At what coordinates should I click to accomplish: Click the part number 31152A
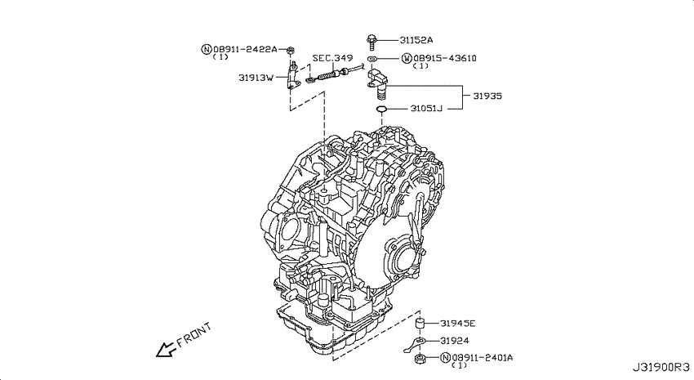416,40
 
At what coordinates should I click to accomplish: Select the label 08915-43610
444,58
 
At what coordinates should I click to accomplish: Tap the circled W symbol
407,58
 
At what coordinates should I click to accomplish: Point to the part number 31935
487,96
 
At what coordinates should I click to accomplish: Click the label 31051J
425,108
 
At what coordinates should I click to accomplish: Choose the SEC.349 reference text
332,58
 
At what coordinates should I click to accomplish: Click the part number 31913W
256,78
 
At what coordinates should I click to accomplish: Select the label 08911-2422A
245,49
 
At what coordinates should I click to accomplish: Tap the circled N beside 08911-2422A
207,49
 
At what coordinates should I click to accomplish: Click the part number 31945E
458,324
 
